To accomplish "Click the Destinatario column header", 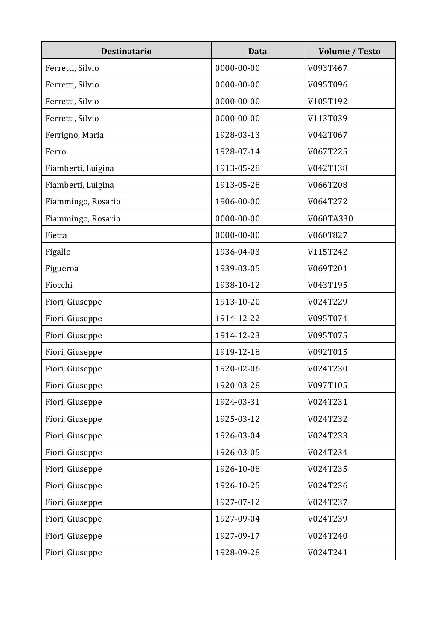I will point(126,51).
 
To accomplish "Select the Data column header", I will point(257,51).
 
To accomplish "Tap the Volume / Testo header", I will point(349,51).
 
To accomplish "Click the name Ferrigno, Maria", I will point(74,135).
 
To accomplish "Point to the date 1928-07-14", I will point(237,151).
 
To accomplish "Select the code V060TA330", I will point(330,218).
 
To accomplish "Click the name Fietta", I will point(56,235).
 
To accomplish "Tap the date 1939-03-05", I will point(237,268).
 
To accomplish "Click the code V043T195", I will point(327,285).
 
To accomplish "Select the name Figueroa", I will point(62,268).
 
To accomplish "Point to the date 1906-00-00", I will point(237,201).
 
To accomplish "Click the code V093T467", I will point(327,68).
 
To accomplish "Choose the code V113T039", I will point(327,118).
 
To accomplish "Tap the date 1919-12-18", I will point(237,352).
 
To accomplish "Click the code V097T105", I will point(327,385).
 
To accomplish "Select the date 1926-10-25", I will point(237,485).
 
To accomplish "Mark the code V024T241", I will point(327,552).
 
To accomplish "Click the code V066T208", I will point(327,185).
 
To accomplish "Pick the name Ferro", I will point(55,151).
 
